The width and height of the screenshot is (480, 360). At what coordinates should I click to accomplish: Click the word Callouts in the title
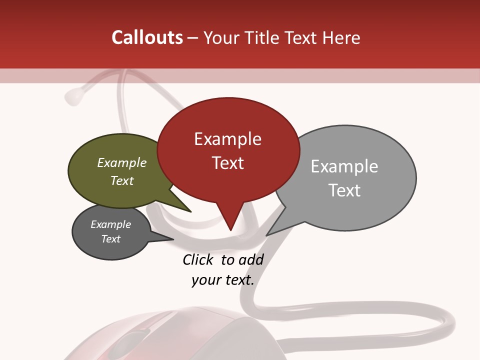pos(147,37)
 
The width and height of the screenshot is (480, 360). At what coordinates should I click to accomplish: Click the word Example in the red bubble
pos(227,139)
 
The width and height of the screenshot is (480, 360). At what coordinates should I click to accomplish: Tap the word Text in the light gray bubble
pos(344,190)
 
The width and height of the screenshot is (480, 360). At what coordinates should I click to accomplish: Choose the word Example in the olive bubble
pos(122,163)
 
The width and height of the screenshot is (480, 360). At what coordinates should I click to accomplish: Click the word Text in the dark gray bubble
pos(111,239)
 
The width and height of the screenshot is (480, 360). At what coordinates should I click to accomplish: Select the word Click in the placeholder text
pos(197,259)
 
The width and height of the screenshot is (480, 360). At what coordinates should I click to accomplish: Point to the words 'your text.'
pos(223,280)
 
